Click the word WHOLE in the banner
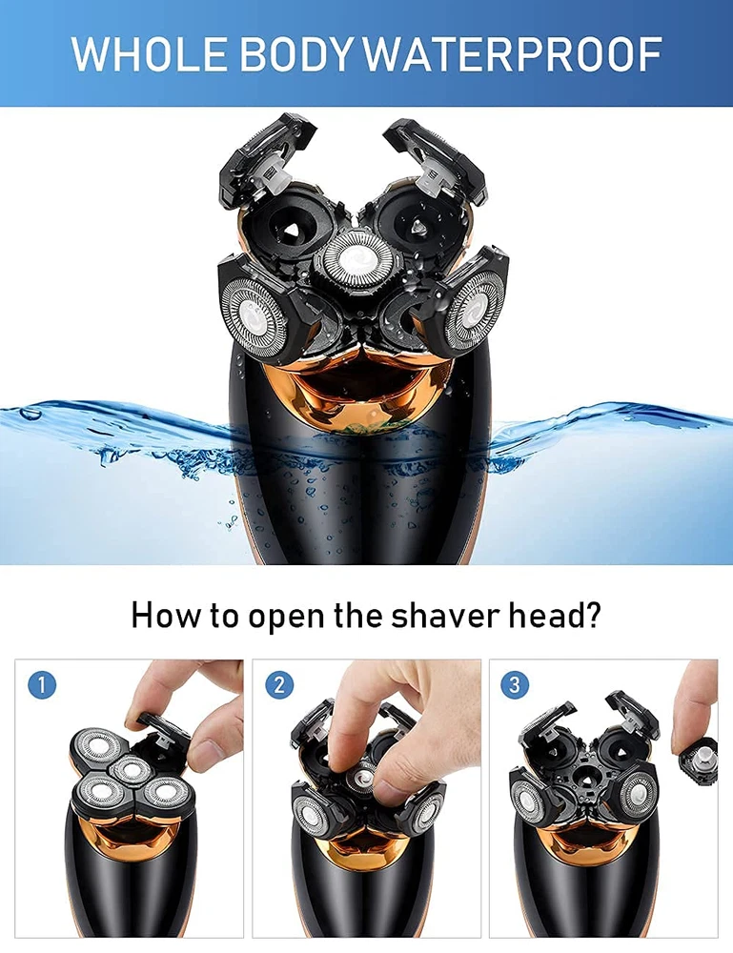(x=150, y=53)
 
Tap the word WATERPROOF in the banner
(x=513, y=53)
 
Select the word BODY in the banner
(x=296, y=53)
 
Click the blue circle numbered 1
(x=42, y=685)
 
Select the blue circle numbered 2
(x=279, y=685)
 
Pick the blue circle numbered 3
(x=515, y=685)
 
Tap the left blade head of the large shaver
(x=255, y=313)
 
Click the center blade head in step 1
(x=130, y=770)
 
